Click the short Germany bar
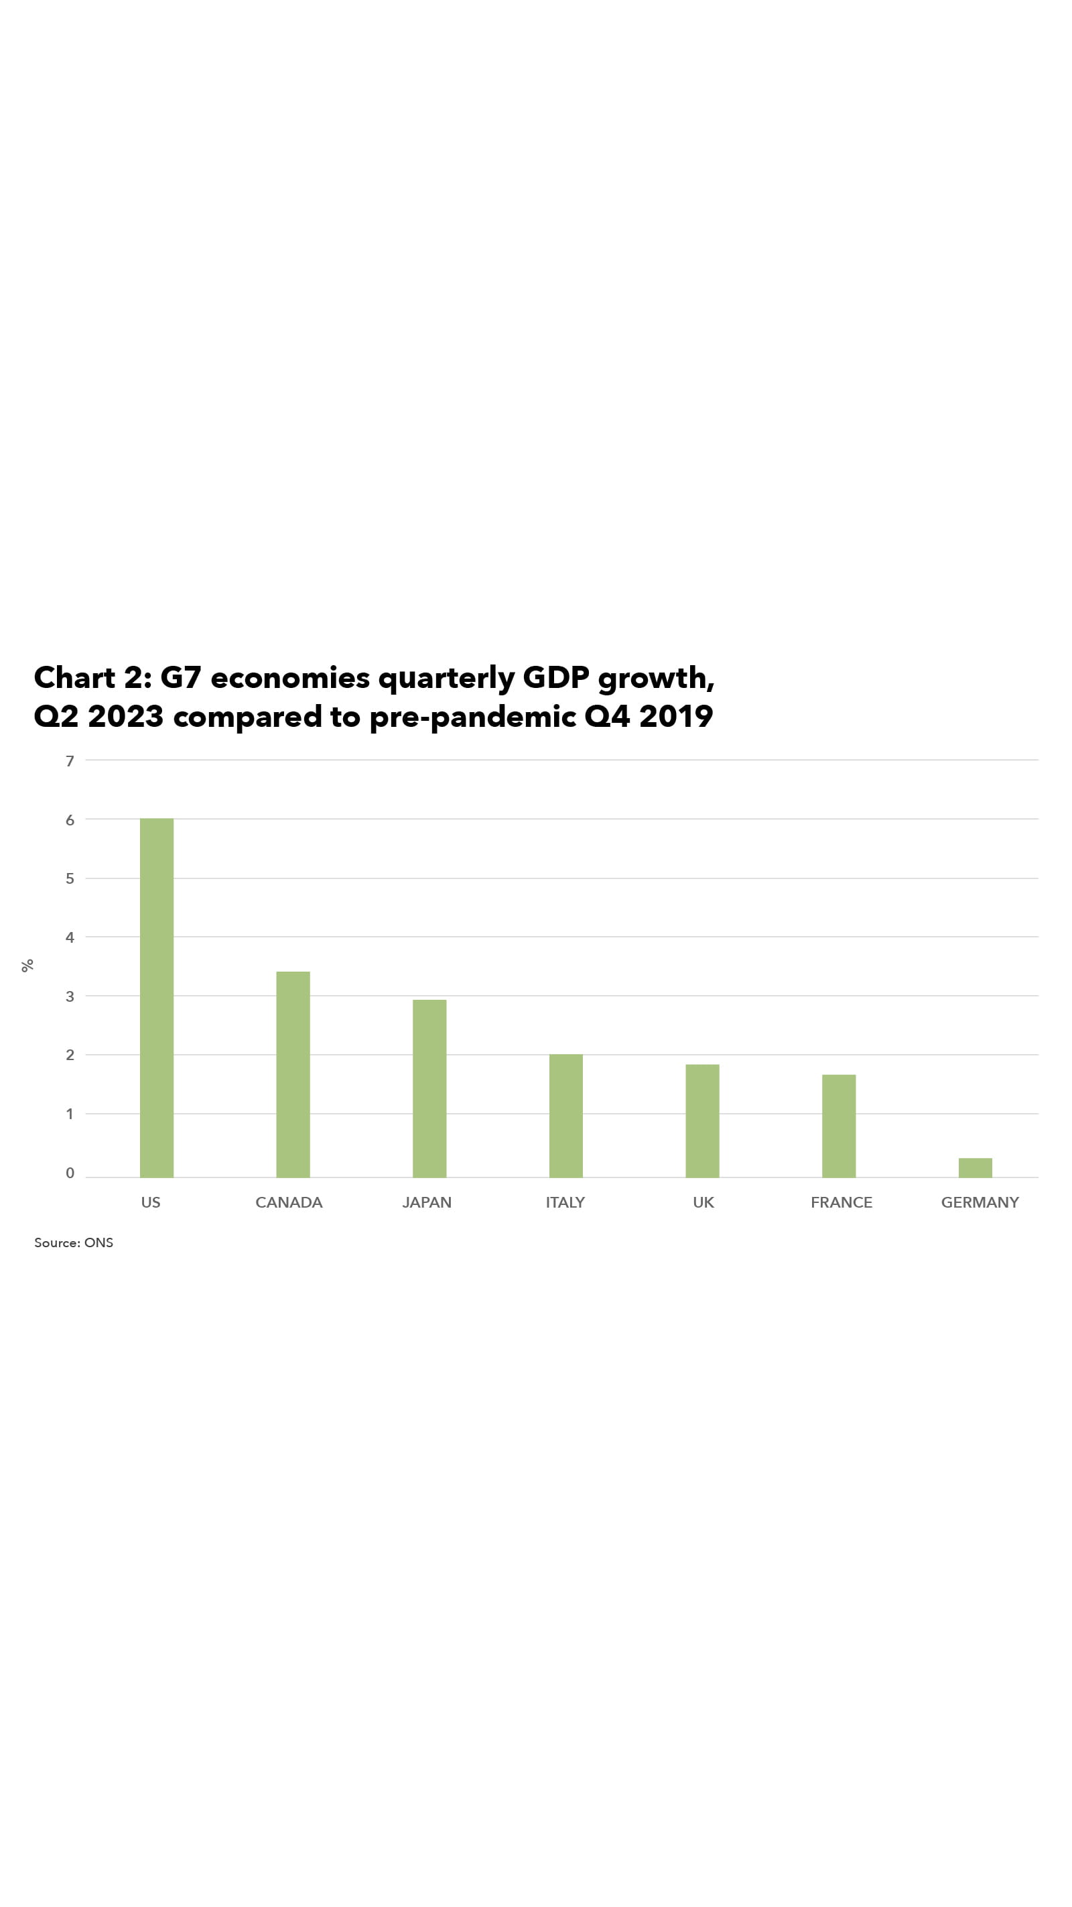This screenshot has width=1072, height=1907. [975, 1167]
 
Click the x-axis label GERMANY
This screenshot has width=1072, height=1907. [980, 1202]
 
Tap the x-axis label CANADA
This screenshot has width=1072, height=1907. [289, 1202]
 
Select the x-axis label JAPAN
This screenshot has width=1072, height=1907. [427, 1202]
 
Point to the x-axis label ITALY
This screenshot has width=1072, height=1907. [565, 1202]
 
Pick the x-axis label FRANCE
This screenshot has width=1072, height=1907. [841, 1202]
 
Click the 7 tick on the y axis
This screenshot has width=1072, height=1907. [70, 761]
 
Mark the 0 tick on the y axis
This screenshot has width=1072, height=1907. [70, 1173]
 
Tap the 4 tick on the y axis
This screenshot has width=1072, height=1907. [70, 937]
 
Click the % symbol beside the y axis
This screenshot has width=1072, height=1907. [27, 966]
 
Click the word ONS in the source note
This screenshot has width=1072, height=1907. [98, 1243]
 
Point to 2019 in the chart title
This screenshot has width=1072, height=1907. [675, 716]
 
